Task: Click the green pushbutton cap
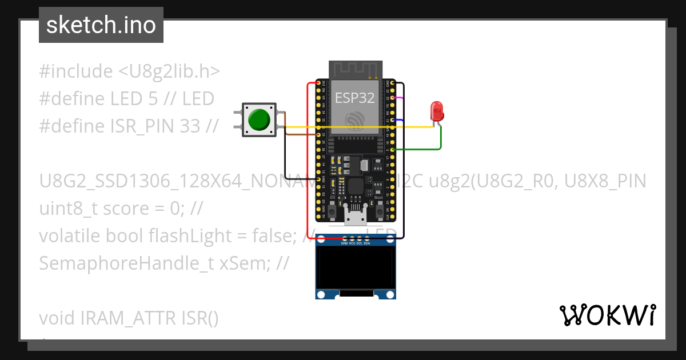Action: (258, 119)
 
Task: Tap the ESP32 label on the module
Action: (354, 98)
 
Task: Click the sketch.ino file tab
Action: (101, 25)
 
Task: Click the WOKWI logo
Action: (607, 315)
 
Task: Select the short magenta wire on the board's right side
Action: (400, 98)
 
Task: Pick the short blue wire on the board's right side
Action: (400, 120)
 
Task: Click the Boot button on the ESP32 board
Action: (378, 205)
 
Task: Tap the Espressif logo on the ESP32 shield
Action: (354, 119)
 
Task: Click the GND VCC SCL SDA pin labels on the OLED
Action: (356, 243)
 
